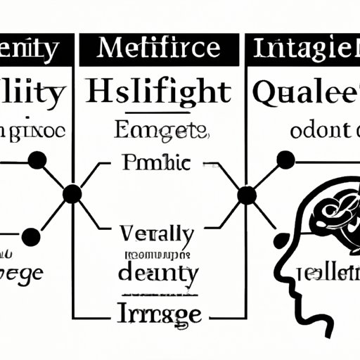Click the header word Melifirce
(159, 49)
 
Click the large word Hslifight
(158, 91)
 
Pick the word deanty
(158, 271)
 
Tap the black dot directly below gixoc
(37, 160)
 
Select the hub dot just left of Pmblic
(72, 194)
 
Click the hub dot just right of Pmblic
(247, 194)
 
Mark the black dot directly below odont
(285, 160)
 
